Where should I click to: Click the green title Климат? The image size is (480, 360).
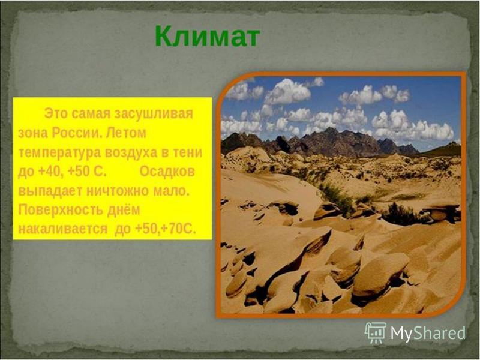click(208, 36)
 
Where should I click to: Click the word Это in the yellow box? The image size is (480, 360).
click(56, 113)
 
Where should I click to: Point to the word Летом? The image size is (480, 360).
click(126, 133)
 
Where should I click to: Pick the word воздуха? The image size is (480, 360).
click(131, 153)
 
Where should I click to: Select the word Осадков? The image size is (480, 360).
click(167, 172)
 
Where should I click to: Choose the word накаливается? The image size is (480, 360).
click(63, 229)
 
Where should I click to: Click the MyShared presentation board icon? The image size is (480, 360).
click(376, 333)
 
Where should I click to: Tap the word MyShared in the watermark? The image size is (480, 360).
click(428, 333)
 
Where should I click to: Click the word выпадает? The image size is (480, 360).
click(50, 191)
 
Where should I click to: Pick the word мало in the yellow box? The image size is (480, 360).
click(171, 191)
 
